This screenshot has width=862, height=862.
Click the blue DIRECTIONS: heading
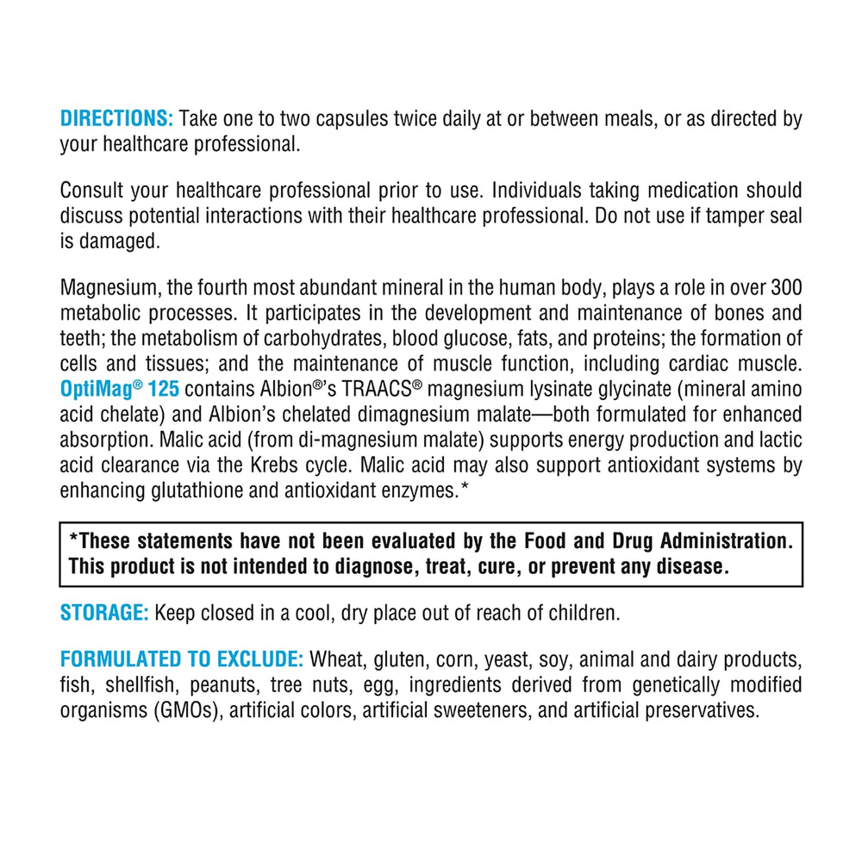[117, 119]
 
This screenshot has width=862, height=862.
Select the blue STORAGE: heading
[104, 613]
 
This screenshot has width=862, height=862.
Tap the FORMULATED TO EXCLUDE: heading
[182, 660]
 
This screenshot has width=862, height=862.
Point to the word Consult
[91, 191]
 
